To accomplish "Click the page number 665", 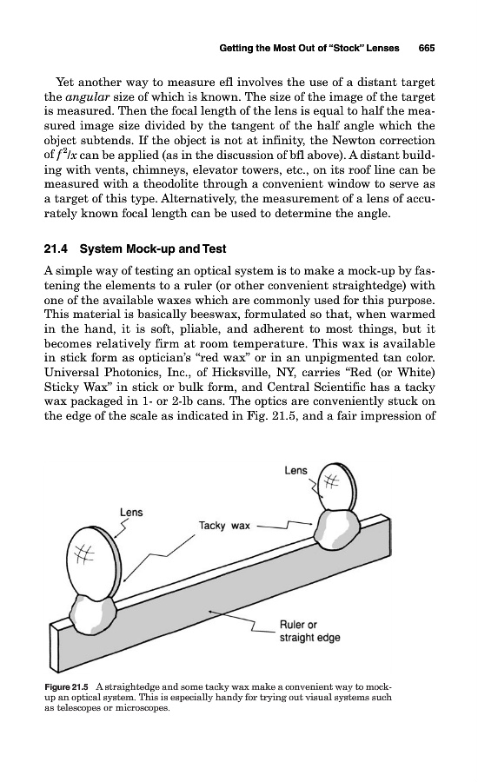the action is pyautogui.click(x=427, y=48).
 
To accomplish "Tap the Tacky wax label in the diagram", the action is pyautogui.click(x=224, y=526).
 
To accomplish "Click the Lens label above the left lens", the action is pyautogui.click(x=131, y=512).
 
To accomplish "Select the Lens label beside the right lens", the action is pyautogui.click(x=295, y=470).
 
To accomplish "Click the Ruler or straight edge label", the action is pyautogui.click(x=309, y=632).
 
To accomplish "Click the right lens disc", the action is pyautogui.click(x=337, y=487).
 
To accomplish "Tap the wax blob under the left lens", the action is pyautogui.click(x=93, y=613).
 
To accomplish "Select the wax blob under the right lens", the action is pyautogui.click(x=337, y=529).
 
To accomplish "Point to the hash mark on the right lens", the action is pyautogui.click(x=331, y=481).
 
